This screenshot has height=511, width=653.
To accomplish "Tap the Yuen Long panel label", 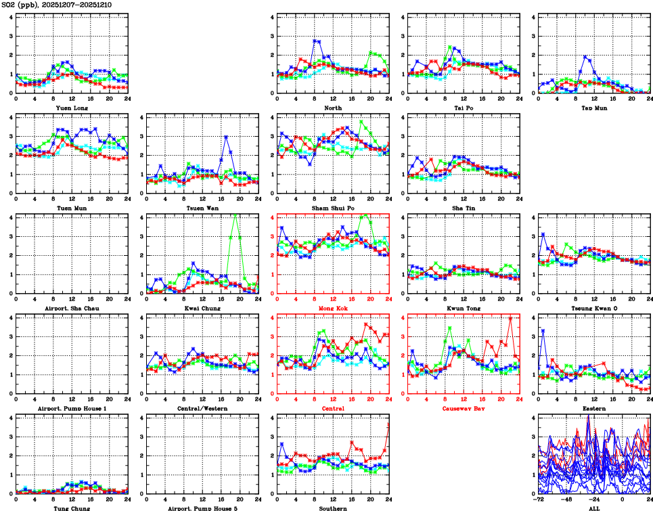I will coord(70,108).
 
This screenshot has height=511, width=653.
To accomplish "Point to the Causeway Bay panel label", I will coord(462,409).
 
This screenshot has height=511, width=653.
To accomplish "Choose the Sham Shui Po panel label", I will coord(332,208).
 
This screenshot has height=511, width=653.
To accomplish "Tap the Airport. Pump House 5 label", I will coord(201,508).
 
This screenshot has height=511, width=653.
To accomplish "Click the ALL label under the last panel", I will coord(593,508).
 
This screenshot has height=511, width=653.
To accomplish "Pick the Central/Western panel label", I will coord(201,409).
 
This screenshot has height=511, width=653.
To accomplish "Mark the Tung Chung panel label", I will coord(70,508).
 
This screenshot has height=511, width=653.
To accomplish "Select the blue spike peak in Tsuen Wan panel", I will coord(225,137).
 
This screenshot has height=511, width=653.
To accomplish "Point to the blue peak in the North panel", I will coord(315,41).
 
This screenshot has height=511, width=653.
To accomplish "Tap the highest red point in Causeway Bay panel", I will coord(510,317).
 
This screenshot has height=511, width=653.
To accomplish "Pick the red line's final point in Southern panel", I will coord(388,424).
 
